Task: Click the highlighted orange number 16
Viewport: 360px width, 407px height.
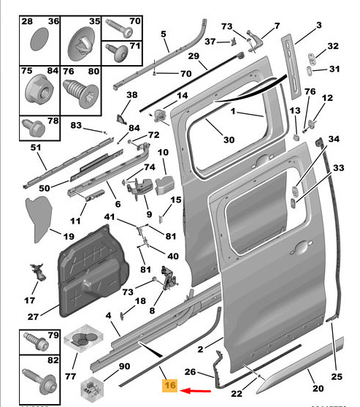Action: pyautogui.click(x=170, y=385)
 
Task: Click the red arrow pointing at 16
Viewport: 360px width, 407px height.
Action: pyautogui.click(x=195, y=390)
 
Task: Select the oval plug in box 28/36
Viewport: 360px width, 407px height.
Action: pyautogui.click(x=39, y=39)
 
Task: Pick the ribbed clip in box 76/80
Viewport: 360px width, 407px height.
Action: pyautogui.click(x=81, y=93)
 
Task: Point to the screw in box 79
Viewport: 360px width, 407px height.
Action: pyautogui.click(x=36, y=341)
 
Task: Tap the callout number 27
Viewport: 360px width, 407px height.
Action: pyautogui.click(x=33, y=316)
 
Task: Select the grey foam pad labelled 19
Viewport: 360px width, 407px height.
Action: pyautogui.click(x=39, y=218)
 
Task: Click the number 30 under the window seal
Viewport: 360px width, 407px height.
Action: pyautogui.click(x=229, y=140)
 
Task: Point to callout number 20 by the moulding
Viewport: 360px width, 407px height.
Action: pyautogui.click(x=318, y=388)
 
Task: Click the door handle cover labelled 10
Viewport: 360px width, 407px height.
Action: pyautogui.click(x=164, y=185)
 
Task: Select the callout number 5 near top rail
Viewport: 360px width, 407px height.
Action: pyautogui.click(x=163, y=34)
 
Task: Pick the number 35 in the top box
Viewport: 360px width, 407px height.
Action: pyautogui.click(x=95, y=21)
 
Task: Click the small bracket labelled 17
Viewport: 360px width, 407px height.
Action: pyautogui.click(x=38, y=272)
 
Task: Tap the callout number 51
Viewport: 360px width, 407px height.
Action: pyautogui.click(x=36, y=148)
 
